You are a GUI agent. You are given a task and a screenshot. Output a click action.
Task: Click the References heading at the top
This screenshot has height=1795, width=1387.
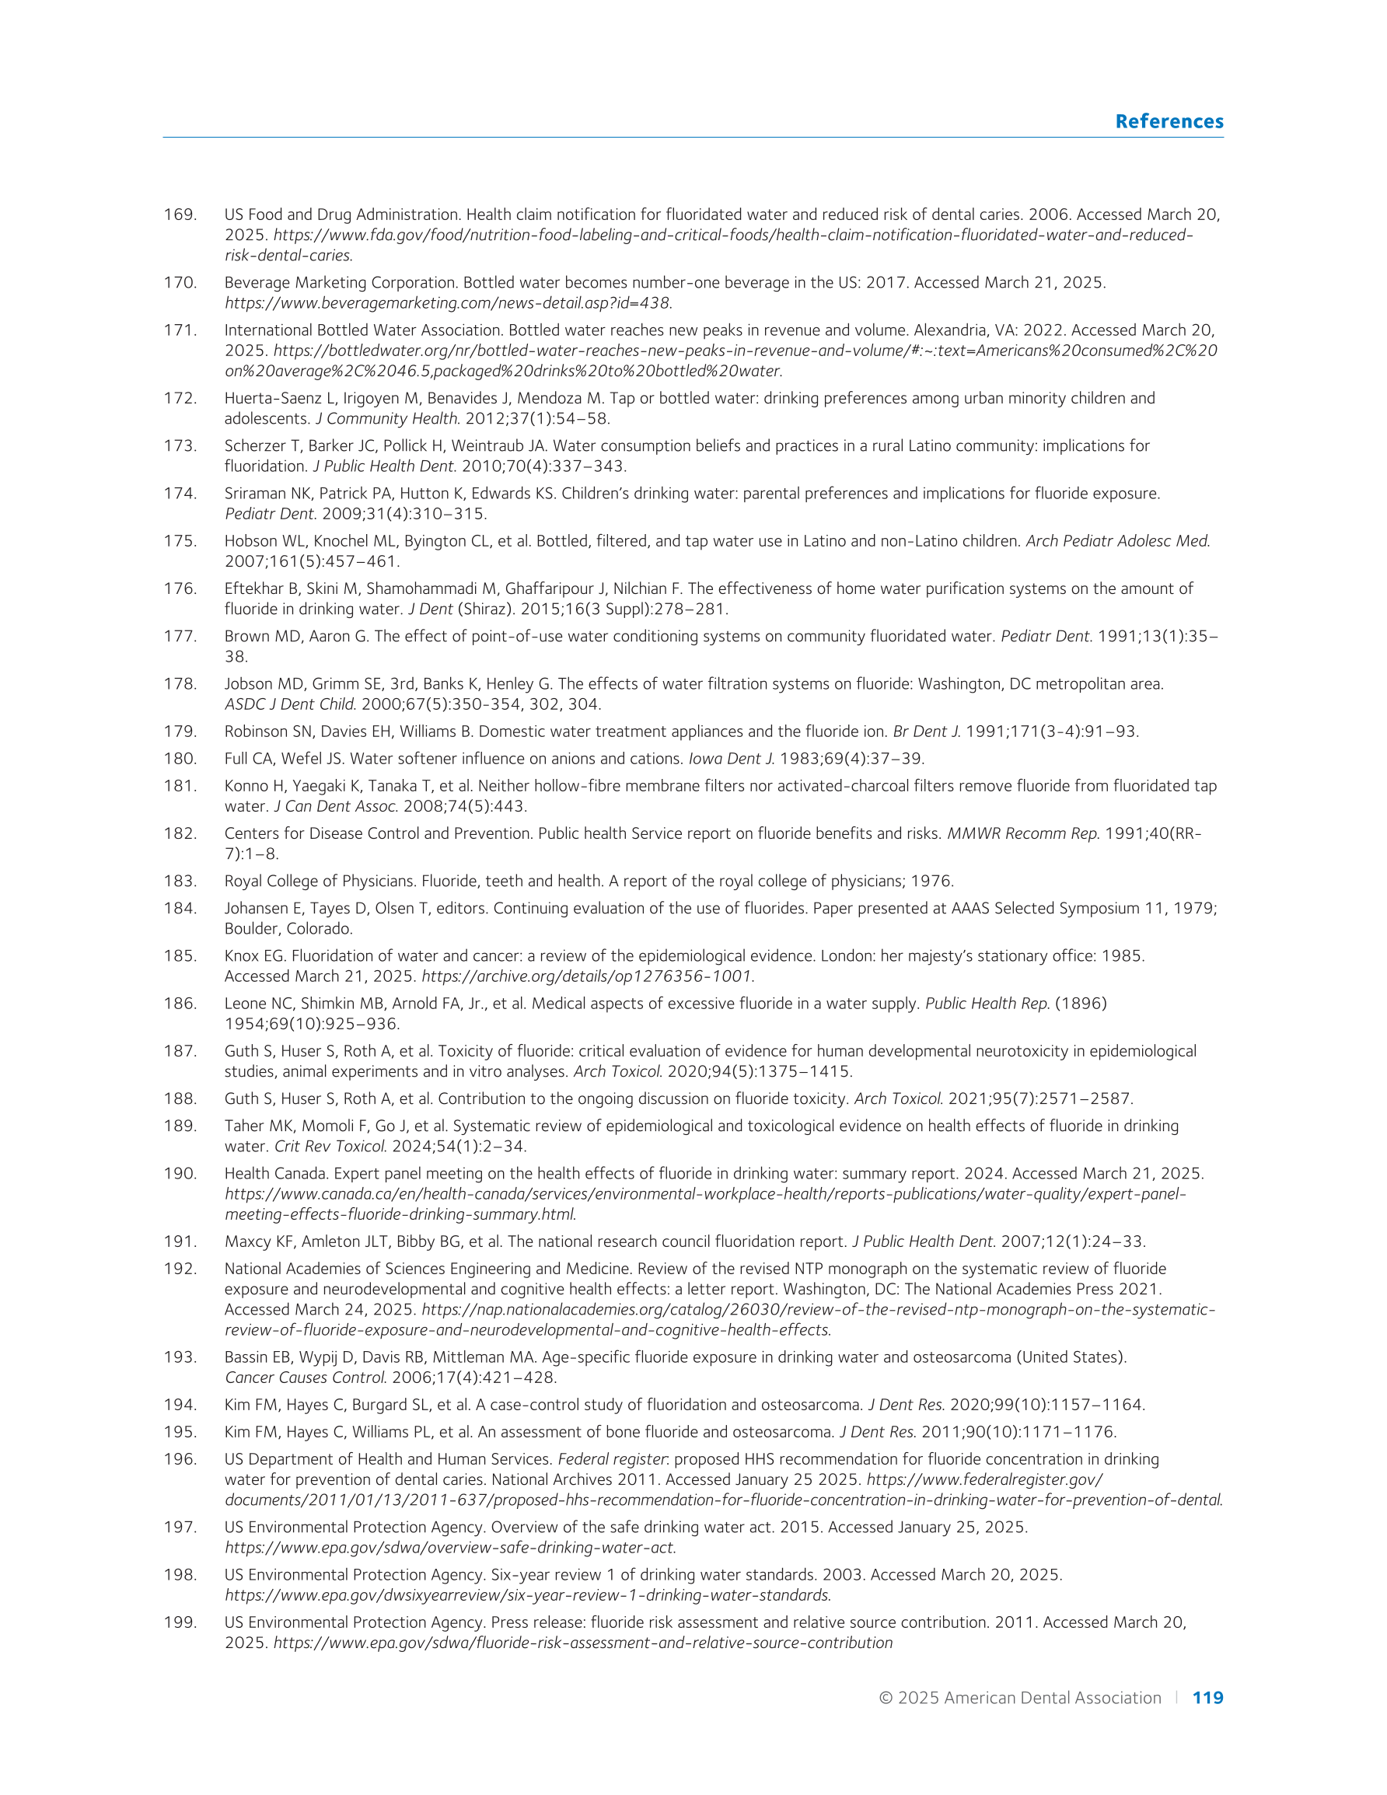[x=1169, y=121]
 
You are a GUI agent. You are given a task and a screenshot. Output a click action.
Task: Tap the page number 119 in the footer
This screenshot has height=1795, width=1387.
[x=1207, y=1698]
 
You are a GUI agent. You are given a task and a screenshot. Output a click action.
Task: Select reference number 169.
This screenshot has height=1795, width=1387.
[x=180, y=215]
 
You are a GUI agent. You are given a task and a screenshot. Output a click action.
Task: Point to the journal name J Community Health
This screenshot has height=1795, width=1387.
[x=387, y=418]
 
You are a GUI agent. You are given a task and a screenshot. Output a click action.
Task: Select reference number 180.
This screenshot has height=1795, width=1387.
[x=180, y=759]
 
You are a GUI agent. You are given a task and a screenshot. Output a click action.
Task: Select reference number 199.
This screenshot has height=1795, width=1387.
[x=180, y=1622]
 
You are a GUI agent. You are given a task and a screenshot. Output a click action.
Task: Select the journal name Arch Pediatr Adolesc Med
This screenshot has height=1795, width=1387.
[x=1117, y=541]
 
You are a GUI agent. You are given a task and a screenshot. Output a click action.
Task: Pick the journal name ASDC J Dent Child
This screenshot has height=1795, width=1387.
[x=290, y=704]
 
